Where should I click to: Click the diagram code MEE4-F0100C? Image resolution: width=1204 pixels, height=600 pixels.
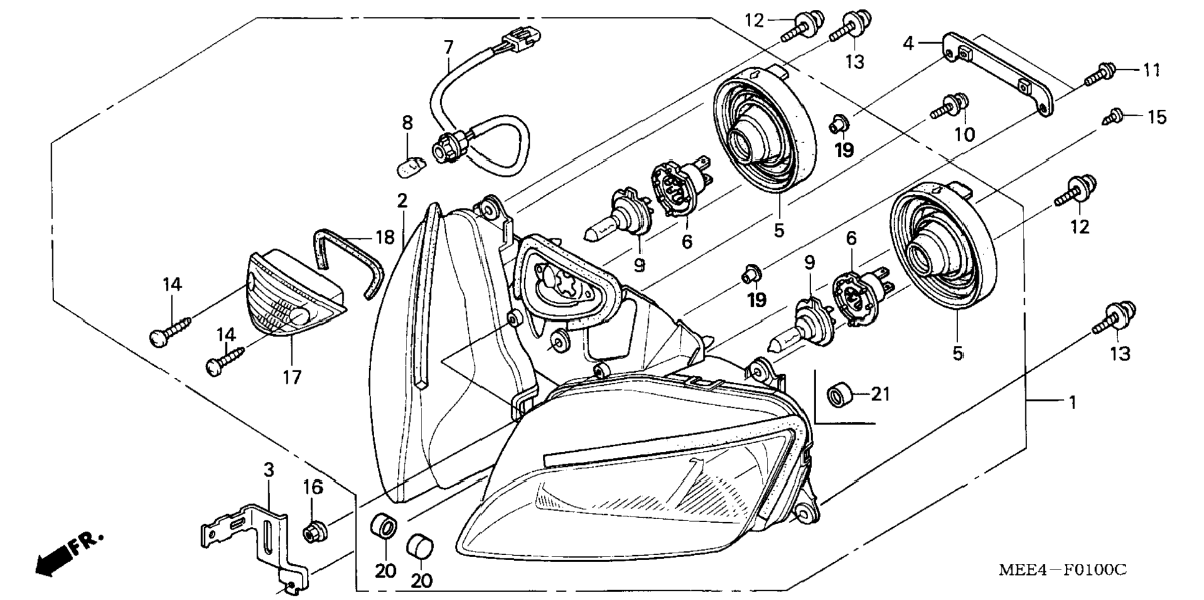[x=1063, y=570]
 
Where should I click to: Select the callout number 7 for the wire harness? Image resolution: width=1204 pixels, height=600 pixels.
[x=448, y=47]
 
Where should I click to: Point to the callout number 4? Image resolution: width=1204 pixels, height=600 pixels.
[x=908, y=44]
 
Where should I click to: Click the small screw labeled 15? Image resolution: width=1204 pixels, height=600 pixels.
[x=1113, y=116]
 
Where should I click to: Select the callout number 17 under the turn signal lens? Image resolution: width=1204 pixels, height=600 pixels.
[x=292, y=377]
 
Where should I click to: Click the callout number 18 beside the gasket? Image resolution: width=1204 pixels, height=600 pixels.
[x=385, y=237]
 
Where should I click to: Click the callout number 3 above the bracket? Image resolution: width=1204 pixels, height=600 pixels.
[x=268, y=471]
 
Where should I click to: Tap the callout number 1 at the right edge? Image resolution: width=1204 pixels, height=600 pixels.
[x=1072, y=403]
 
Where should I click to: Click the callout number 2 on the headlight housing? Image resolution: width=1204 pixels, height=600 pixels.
[x=402, y=200]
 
